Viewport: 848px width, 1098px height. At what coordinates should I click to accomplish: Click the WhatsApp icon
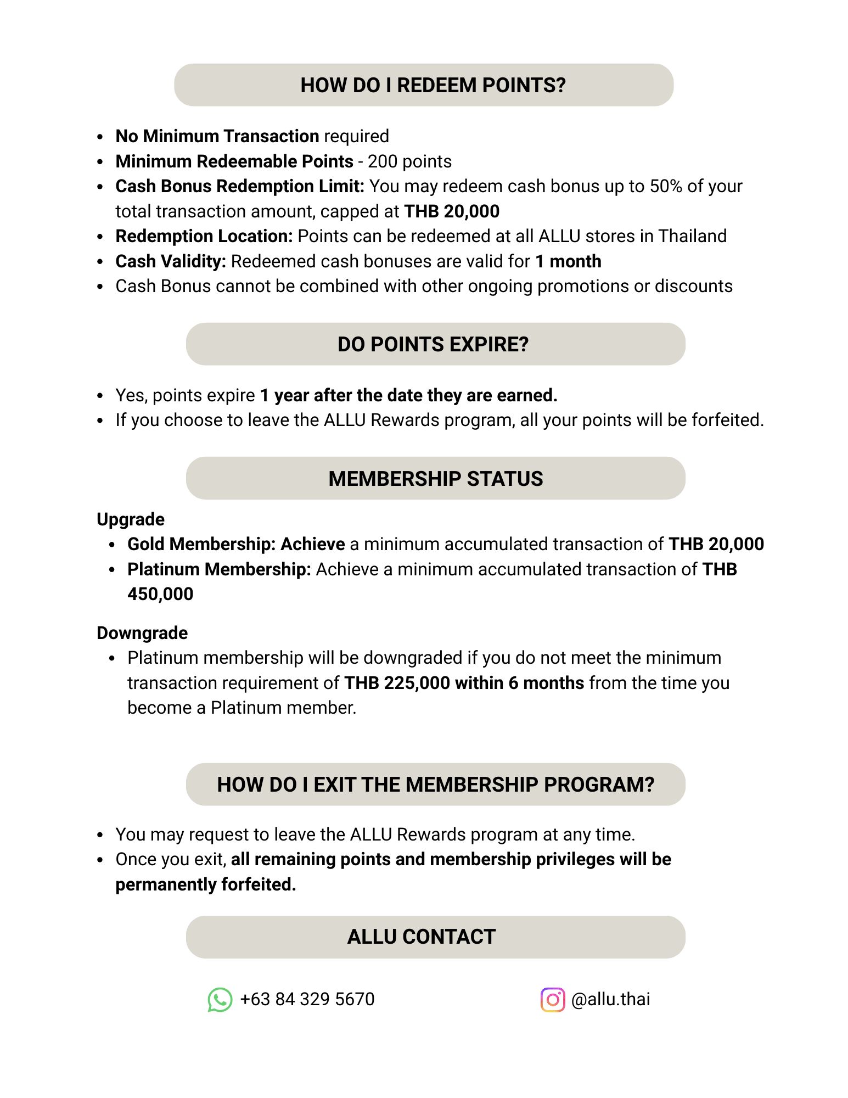[x=220, y=999]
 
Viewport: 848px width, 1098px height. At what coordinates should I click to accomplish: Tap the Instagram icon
[x=552, y=999]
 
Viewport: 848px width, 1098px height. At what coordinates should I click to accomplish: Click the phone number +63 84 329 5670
[x=307, y=999]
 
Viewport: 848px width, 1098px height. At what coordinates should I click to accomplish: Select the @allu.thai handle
[x=610, y=999]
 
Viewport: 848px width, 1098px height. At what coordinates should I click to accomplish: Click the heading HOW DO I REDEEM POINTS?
[x=433, y=85]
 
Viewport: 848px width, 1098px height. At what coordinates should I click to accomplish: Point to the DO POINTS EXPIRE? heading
[x=433, y=344]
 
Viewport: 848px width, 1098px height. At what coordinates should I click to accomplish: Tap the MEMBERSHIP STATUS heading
[x=435, y=479]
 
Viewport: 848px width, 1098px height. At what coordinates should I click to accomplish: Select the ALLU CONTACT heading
[x=421, y=937]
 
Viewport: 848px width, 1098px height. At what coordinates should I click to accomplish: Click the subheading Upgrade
[x=131, y=519]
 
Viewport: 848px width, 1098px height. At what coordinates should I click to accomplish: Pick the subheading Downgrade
[x=142, y=633]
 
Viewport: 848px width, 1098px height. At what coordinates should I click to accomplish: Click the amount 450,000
[x=160, y=594]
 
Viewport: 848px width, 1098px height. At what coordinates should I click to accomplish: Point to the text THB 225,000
[x=397, y=683]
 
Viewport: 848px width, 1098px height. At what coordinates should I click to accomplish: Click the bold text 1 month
[x=568, y=261]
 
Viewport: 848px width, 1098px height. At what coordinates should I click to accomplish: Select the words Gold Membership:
[x=201, y=544]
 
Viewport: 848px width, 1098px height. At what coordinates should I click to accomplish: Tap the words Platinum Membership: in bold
[x=219, y=569]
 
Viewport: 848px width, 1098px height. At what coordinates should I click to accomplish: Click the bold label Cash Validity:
[x=171, y=261]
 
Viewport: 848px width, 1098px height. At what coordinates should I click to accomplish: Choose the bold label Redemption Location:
[x=204, y=236]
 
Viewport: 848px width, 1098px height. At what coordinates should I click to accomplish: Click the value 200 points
[x=409, y=161]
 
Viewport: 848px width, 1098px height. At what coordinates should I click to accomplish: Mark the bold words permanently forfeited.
[x=206, y=884]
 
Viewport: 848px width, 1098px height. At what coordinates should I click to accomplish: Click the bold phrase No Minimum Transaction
[x=217, y=136]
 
